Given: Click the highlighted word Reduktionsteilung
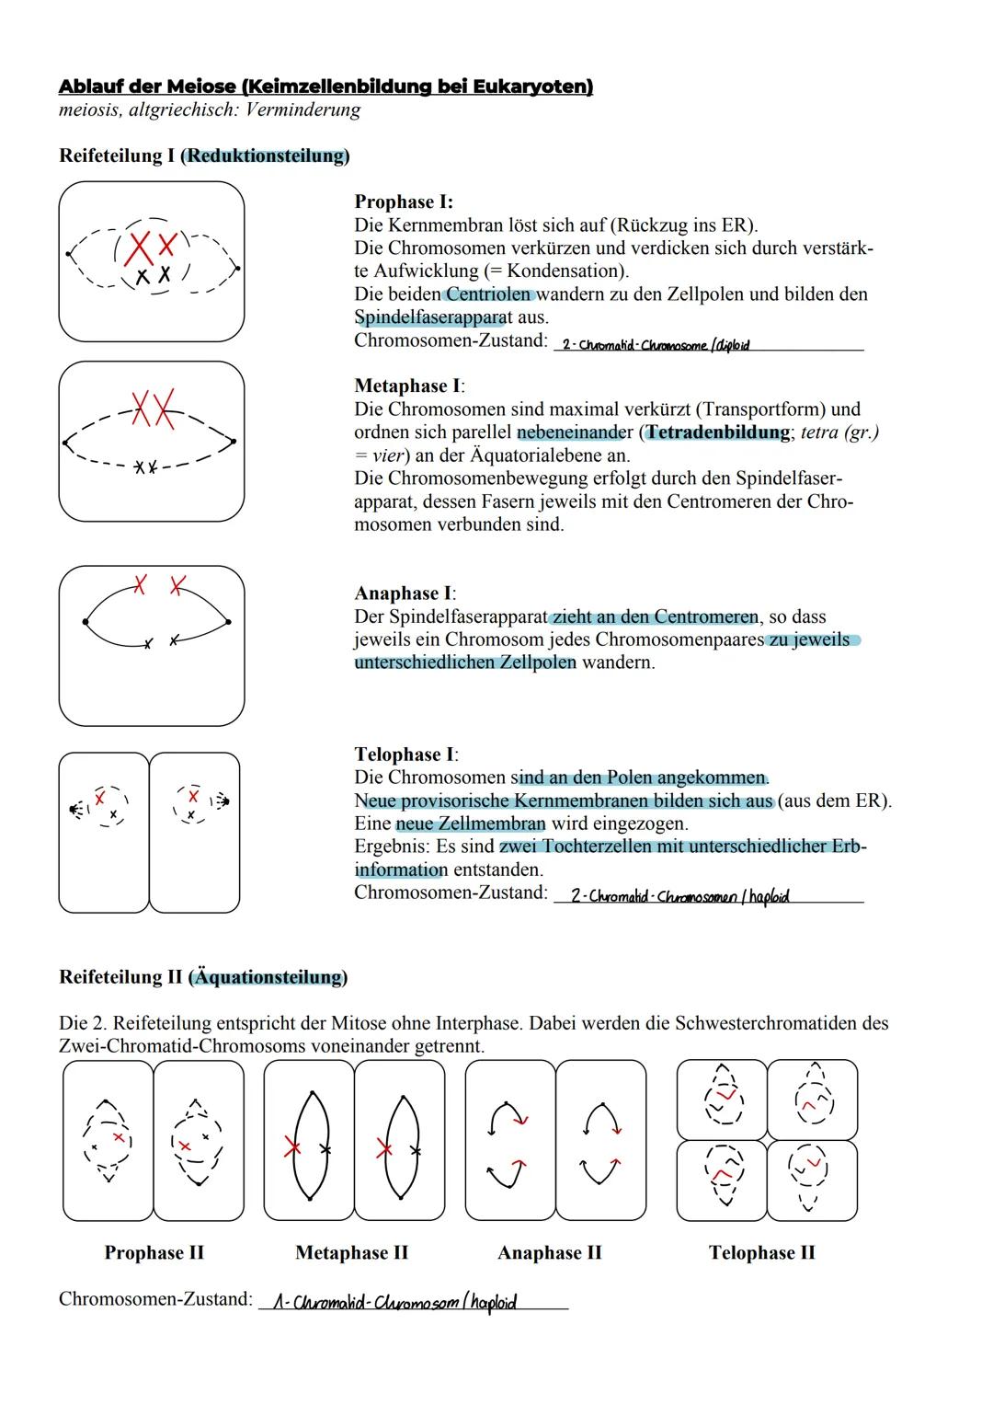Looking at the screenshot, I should coord(266,155).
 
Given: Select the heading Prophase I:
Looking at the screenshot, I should coord(404,202).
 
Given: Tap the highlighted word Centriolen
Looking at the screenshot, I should coord(488,294).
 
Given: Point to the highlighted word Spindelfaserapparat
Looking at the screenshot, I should coord(429,317).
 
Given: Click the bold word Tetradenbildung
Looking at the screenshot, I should coord(717,432).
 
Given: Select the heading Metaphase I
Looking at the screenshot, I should coord(408,386).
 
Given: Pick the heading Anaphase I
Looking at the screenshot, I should coord(404,593).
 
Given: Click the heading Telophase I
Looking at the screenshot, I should coord(405,754).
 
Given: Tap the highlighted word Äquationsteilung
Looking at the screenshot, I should coord(268,977).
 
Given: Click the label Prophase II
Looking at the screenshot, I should coord(154,1252).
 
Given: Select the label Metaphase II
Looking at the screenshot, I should coord(351,1252).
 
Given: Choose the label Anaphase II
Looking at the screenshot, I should coord(549,1252).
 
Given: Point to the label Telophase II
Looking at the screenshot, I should coord(761,1252).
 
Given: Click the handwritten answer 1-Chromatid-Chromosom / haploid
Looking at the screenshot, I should coord(394,1302).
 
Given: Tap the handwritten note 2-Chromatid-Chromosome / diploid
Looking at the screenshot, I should coord(655,345).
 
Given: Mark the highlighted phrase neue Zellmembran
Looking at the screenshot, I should coord(471,823).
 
